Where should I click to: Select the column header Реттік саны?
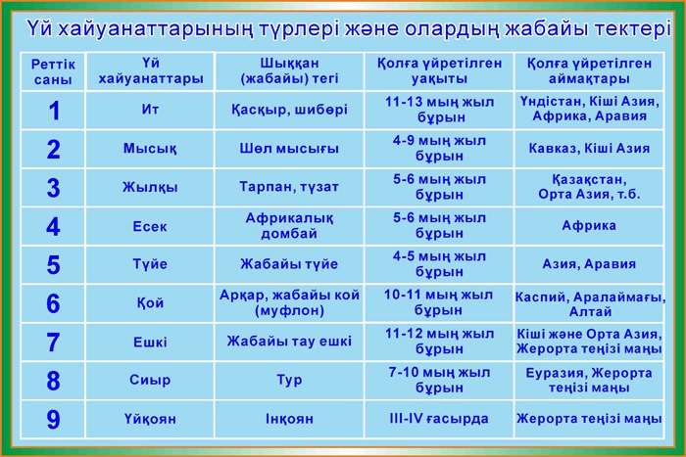[53, 72]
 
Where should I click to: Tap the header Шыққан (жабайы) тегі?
[289, 70]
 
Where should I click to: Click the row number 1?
[54, 111]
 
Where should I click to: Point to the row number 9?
[53, 419]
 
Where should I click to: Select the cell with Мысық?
[150, 149]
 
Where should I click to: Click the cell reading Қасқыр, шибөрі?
[289, 110]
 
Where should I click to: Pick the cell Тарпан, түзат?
[289, 187]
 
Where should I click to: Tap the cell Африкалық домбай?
[289, 225]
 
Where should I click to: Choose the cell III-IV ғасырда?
[439, 419]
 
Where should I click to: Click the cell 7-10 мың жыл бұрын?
[439, 380]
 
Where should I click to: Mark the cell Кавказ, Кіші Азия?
[589, 149]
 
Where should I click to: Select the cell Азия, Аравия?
[589, 264]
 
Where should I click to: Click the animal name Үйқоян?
[150, 419]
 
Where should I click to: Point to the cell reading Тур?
[289, 380]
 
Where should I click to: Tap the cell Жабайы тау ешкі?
[289, 342]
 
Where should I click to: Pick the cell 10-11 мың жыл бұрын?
[439, 302]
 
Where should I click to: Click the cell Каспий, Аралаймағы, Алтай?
[590, 304]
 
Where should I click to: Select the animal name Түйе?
[150, 264]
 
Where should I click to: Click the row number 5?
[53, 265]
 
